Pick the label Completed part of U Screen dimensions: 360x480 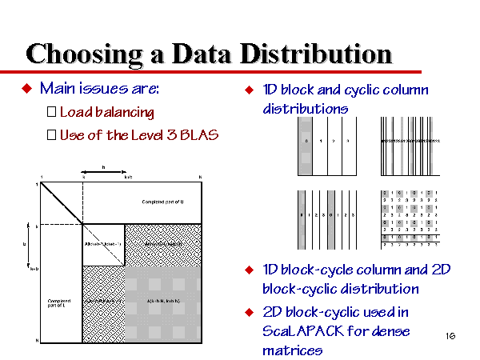point(165,201)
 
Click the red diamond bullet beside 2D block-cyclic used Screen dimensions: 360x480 point(249,311)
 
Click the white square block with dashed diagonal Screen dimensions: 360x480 point(103,244)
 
